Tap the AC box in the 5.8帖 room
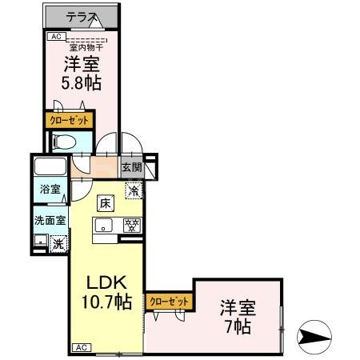click(56, 36)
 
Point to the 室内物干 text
click(84, 46)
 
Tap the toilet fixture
click(64, 142)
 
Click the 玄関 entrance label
click(132, 168)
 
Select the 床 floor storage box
click(105, 203)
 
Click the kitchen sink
click(105, 226)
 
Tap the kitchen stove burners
click(133, 226)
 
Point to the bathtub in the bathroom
click(50, 169)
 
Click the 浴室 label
click(50, 190)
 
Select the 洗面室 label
click(50, 219)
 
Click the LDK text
click(106, 284)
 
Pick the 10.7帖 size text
click(106, 303)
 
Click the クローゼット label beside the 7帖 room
click(170, 302)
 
